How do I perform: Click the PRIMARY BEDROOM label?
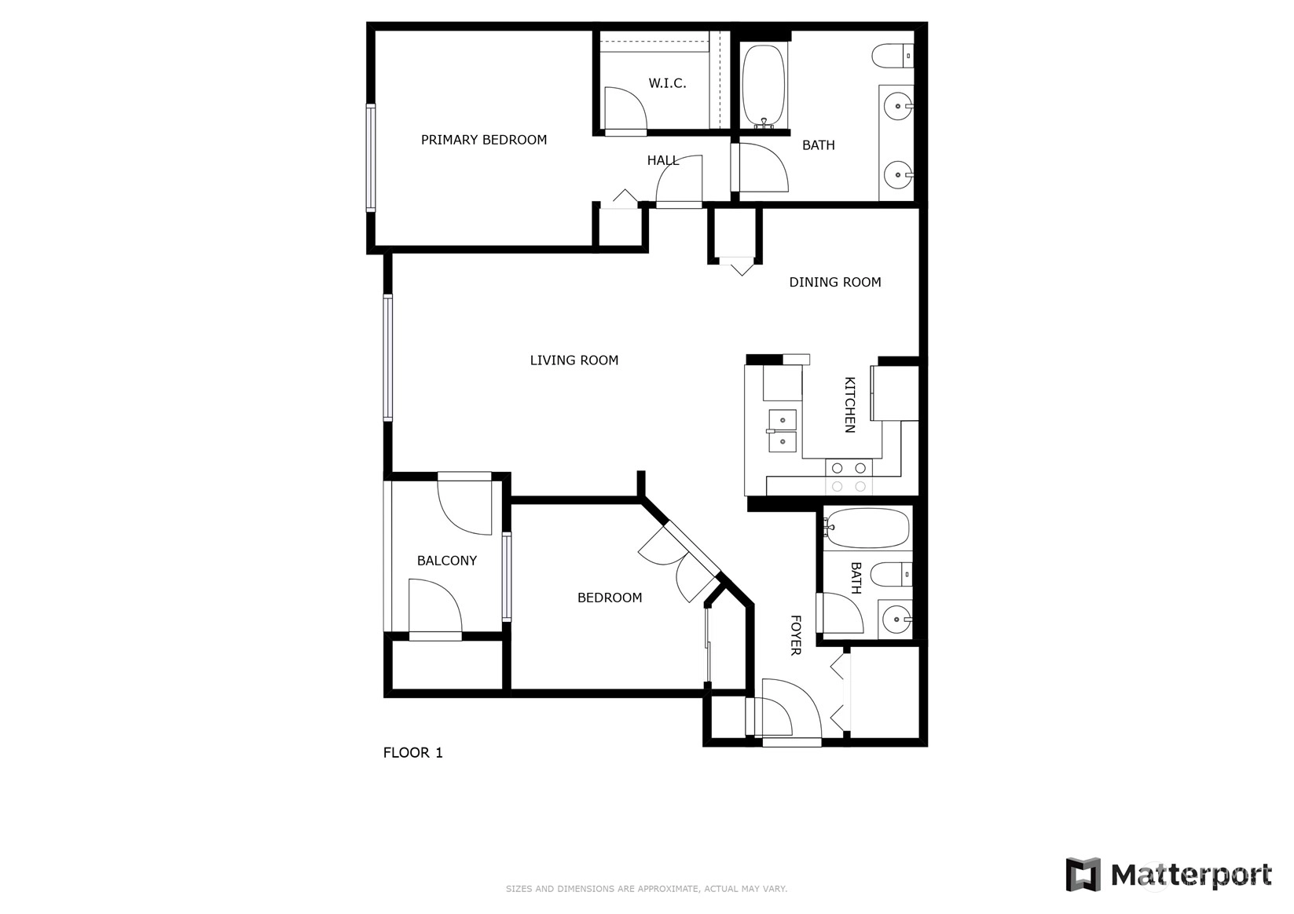coord(483,140)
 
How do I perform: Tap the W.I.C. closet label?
coord(667,83)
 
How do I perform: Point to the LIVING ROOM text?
coord(574,360)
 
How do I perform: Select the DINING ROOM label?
coord(835,283)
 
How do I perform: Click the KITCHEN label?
coord(850,404)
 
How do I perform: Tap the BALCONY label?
coord(447,561)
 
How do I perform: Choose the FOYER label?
coord(795,635)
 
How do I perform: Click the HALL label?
coord(663,160)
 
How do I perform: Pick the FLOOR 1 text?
coord(413,753)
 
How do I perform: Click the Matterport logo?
coord(1168,875)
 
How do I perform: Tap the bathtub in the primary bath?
coord(764,86)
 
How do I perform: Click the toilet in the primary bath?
coord(892,57)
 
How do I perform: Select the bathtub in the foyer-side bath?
coord(865,528)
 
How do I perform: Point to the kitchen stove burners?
coord(849,477)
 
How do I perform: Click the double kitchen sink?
coord(783,431)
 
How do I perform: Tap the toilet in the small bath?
coord(891,575)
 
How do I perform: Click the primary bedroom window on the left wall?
coord(371,158)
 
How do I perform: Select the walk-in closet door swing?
coord(625,108)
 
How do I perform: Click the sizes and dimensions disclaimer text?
coord(647,889)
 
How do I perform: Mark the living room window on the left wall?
coord(388,357)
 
